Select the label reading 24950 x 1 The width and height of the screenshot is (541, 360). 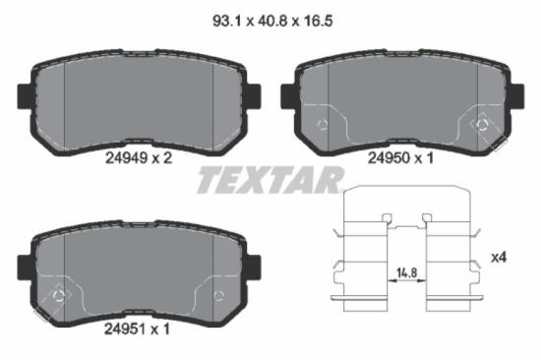point(398,153)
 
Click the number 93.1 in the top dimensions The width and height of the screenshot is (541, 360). point(223,17)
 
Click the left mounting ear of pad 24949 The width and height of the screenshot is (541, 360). point(25,94)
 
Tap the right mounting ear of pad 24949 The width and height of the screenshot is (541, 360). point(252,94)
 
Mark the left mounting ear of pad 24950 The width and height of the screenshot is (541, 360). point(288,95)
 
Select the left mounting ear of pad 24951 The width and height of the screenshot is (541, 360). point(25,267)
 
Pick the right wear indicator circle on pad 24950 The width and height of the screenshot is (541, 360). point(481,124)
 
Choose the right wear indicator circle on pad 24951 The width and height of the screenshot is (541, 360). point(217,295)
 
